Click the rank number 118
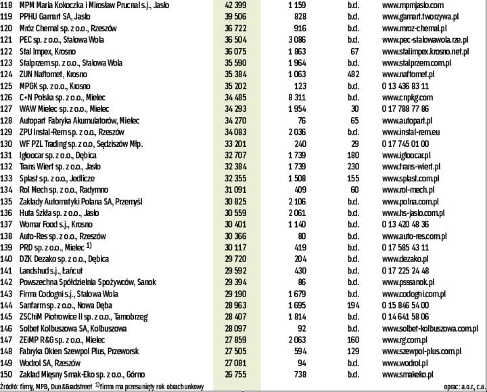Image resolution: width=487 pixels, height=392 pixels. click(x=7, y=5)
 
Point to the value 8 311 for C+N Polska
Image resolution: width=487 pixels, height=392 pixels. click(x=295, y=97)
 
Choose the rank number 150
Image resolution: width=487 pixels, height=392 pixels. click(x=7, y=374)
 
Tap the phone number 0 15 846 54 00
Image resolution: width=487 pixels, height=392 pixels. click(x=405, y=305)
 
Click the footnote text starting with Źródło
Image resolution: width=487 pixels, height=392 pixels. click(x=101, y=387)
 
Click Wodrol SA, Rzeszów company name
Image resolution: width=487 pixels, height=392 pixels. click(x=50, y=363)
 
